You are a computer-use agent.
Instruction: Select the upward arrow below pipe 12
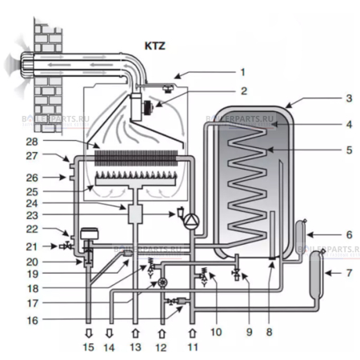click(x=162, y=327)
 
